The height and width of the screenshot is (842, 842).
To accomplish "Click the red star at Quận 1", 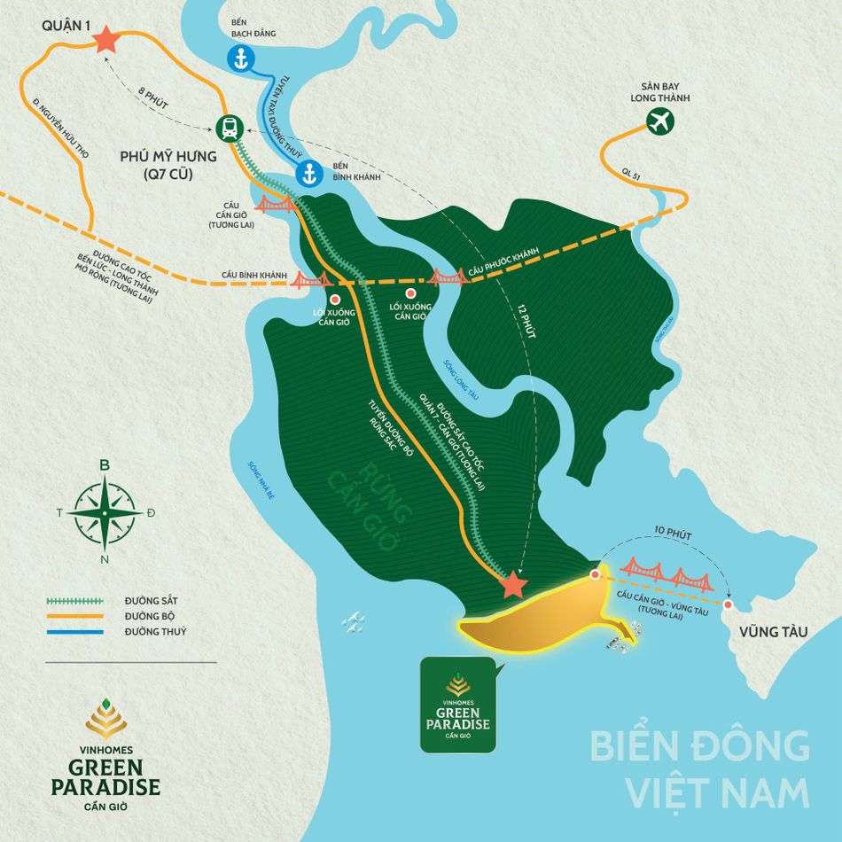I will [x=105, y=39].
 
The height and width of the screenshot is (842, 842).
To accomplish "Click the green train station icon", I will [x=230, y=129].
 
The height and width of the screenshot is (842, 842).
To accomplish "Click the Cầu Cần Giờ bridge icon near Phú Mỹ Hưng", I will [x=275, y=206].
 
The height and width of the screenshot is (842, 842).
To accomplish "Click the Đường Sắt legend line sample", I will [x=75, y=600].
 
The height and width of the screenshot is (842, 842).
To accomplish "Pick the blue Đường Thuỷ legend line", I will [x=75, y=632].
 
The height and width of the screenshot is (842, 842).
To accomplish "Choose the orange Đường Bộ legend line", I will [x=75, y=616].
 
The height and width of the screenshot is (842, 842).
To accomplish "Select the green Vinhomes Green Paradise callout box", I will [x=457, y=705].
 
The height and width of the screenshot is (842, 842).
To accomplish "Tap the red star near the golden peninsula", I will [x=513, y=585].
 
